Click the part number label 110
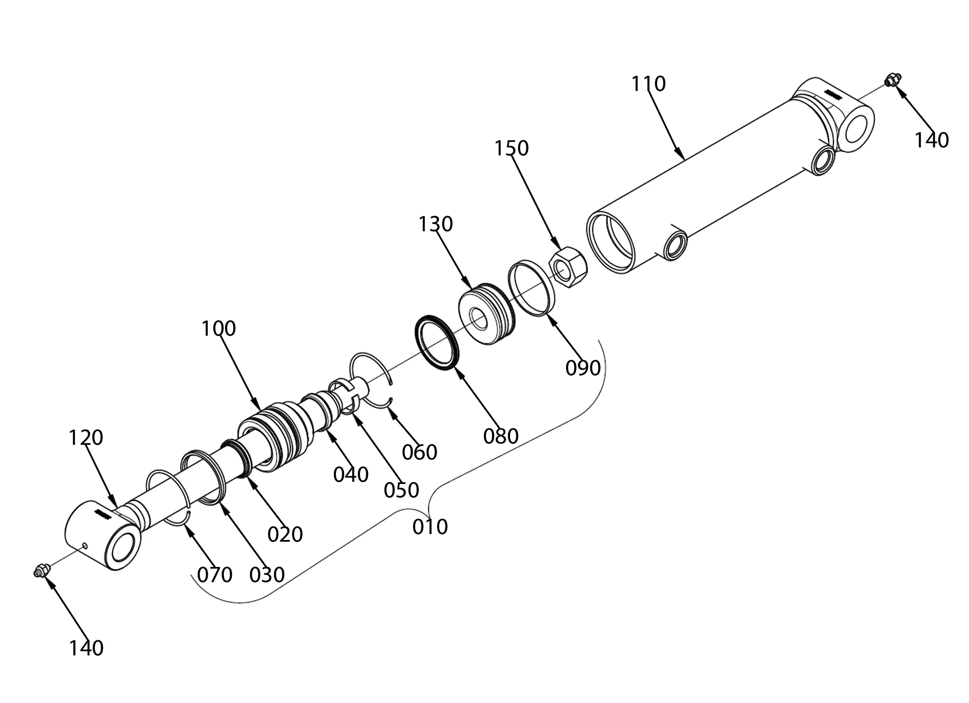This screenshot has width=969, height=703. coord(649,84)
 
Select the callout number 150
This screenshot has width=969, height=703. coord(511,149)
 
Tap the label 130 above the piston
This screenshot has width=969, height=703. coord(435,224)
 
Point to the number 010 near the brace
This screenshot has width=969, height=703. coord(430,527)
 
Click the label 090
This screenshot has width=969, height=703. coord(583,368)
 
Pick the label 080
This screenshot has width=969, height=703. coord(501,436)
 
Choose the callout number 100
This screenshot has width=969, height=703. coord(218,329)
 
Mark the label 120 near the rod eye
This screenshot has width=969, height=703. coord(86,438)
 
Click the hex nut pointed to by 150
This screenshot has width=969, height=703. coord(568,267)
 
